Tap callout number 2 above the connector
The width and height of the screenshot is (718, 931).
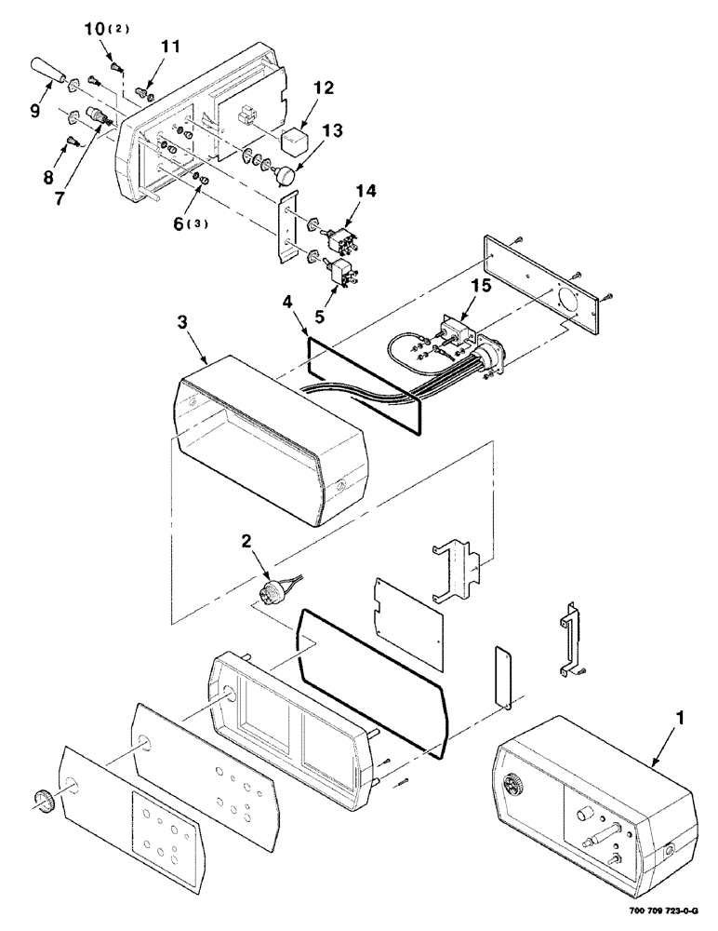click(x=247, y=541)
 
